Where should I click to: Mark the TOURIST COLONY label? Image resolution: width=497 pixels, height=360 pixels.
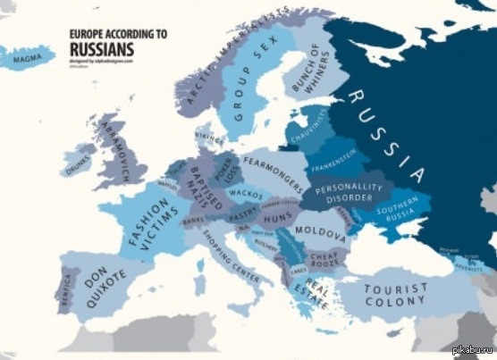tap(395, 294)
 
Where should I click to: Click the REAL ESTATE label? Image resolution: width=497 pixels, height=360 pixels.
tap(311, 297)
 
